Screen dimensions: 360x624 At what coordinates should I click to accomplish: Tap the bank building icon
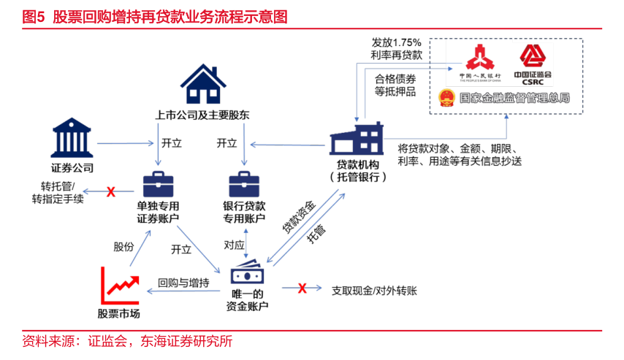coord(72,137)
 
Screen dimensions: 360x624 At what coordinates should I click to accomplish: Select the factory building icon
coord(357,139)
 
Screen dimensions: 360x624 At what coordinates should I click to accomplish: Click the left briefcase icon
coord(158,184)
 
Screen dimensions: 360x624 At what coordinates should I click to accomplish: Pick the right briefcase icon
coord(244,184)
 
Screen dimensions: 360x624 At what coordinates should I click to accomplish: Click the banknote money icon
coord(247,273)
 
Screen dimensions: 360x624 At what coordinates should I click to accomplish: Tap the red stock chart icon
coord(120,286)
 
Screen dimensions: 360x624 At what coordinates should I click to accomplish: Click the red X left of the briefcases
coord(111,191)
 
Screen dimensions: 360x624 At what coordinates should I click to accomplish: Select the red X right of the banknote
coord(302,288)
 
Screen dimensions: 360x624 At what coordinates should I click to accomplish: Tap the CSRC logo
coord(532,64)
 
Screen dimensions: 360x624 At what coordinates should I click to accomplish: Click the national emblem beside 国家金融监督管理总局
coord(446,97)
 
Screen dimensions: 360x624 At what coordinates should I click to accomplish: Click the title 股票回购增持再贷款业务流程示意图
coord(170,17)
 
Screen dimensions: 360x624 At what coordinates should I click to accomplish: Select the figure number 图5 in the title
coord(34,17)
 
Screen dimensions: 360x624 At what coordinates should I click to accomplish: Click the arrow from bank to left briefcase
coord(125,143)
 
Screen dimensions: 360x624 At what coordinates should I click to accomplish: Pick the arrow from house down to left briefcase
coord(158,144)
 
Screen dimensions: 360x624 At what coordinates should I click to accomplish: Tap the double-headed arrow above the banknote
coord(246,242)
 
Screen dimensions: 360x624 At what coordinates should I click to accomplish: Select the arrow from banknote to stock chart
coord(183,291)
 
